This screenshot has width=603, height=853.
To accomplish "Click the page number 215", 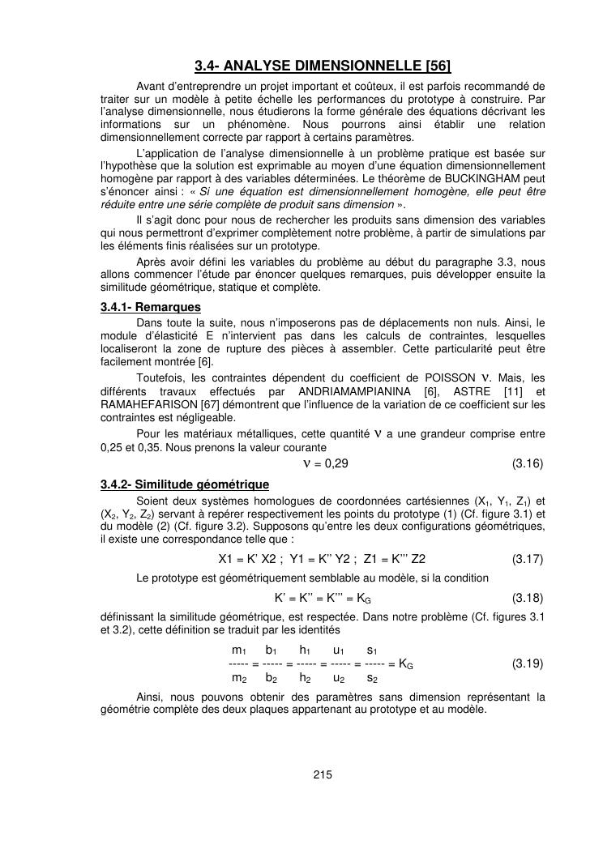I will (x=323, y=775).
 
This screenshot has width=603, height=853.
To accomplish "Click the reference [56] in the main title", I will (x=434, y=65).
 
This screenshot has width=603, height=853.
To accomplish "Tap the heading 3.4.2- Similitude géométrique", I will (x=185, y=484).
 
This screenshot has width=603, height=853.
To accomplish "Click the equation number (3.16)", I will (x=527, y=463).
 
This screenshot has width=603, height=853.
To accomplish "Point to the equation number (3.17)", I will (x=527, y=559).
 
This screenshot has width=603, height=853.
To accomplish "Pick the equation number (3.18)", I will (x=527, y=599).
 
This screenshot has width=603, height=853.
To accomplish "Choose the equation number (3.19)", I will (x=527, y=663).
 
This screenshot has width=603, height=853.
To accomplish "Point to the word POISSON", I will (x=452, y=377).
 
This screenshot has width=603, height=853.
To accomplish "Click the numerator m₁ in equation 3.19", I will (x=239, y=650).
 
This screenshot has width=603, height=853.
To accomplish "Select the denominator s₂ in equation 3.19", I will (x=372, y=678).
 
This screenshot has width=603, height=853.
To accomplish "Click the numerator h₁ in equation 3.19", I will (x=306, y=650).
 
